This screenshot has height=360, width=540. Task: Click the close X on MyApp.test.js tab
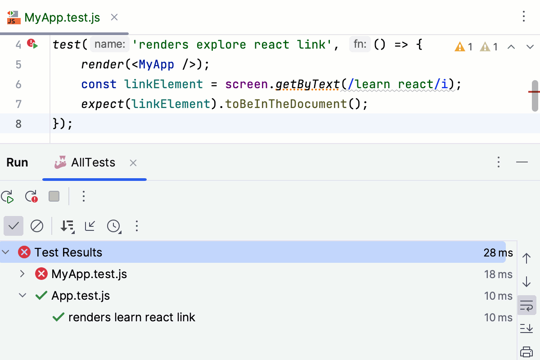tap(114, 18)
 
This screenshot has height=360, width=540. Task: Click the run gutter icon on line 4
tap(33, 44)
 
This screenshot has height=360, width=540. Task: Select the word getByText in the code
tap(307, 84)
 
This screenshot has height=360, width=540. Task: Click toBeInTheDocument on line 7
tap(286, 104)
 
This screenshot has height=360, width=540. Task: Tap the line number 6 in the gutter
tap(18, 84)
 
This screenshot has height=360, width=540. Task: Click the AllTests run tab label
tap(93, 162)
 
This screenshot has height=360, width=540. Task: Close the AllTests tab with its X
tap(133, 163)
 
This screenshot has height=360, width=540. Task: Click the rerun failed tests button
tap(31, 197)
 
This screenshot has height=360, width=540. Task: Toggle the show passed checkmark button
tap(13, 226)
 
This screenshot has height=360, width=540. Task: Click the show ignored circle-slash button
tap(37, 226)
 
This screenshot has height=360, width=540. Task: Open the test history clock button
tap(113, 226)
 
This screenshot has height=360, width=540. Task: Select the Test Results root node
tap(68, 252)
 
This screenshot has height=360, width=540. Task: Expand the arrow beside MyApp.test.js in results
tap(22, 274)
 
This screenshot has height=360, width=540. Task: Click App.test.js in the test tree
tap(81, 296)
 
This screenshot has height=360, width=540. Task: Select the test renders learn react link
tap(132, 317)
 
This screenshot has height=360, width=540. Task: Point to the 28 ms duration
tap(498, 252)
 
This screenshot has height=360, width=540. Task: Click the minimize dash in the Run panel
tap(522, 162)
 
